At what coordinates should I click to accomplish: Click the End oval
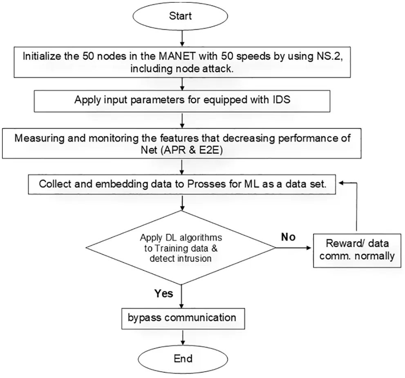[183, 358]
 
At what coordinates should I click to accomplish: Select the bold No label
[288, 237]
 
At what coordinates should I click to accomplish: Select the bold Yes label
[163, 293]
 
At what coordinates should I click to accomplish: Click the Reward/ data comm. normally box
[357, 250]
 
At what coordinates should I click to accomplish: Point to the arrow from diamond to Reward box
[293, 248]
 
